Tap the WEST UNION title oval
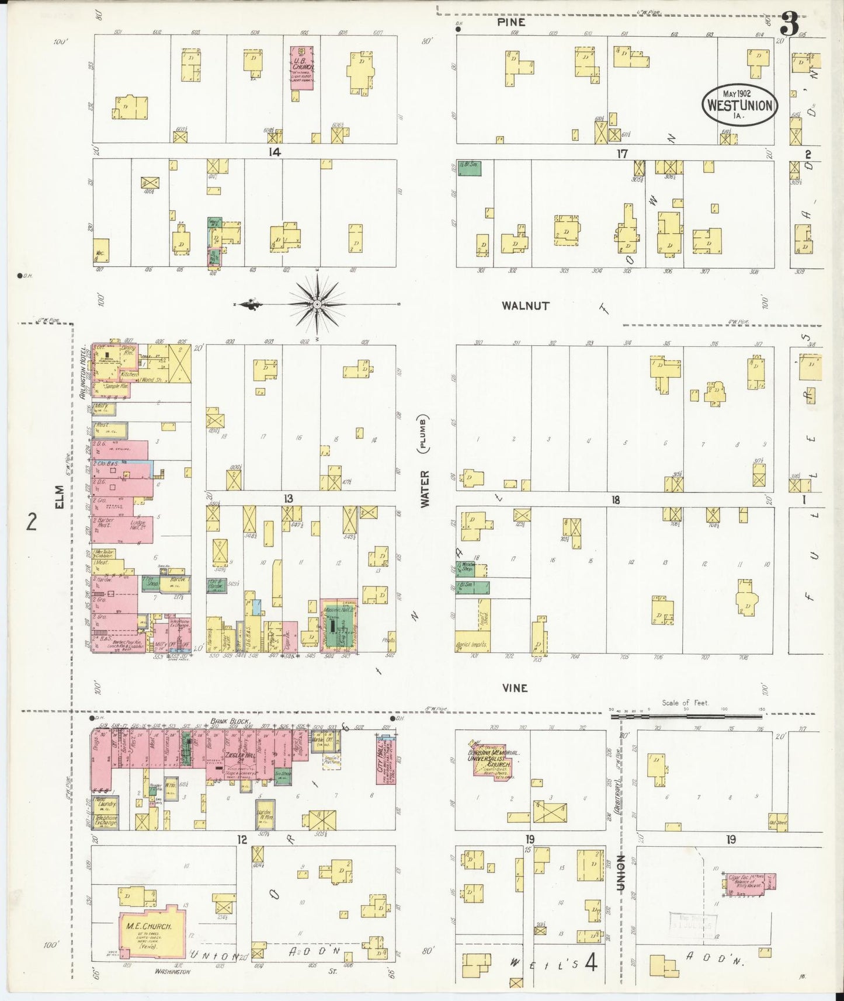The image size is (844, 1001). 739,104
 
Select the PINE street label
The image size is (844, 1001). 511,22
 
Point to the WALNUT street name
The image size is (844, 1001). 525,305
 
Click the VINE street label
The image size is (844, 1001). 515,688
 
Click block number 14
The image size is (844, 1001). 274,152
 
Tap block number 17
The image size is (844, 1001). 621,154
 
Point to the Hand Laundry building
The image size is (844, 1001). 106,804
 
